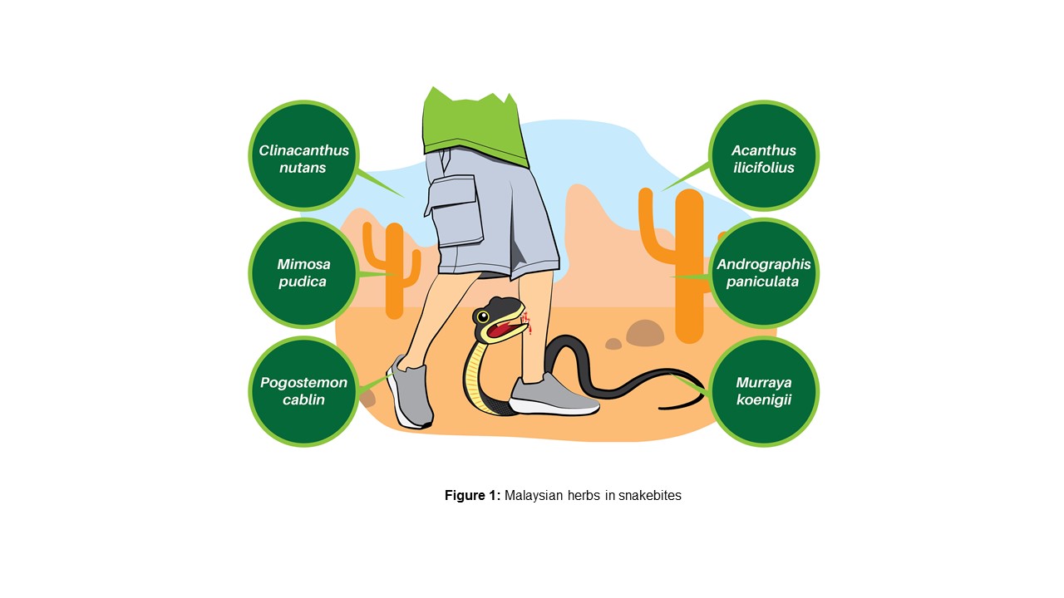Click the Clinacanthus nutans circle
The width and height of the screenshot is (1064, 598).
[x=303, y=155]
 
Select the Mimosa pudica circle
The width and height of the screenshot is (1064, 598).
[x=303, y=273]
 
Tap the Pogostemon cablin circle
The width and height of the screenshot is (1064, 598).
[x=303, y=391]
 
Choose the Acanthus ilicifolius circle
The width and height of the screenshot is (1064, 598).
[x=763, y=155]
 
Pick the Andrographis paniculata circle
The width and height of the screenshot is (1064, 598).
[x=763, y=273]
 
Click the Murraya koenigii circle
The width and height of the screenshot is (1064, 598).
[x=763, y=391]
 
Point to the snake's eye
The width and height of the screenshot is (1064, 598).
[x=482, y=316]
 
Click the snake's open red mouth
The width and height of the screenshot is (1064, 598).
[x=501, y=331]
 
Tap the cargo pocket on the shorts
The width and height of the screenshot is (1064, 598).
[x=456, y=211]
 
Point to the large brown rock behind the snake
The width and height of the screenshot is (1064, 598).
[x=645, y=333]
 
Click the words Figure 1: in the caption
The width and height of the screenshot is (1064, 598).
[x=472, y=496]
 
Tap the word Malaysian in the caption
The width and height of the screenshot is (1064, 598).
[x=534, y=496]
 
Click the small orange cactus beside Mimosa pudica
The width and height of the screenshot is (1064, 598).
[x=394, y=266]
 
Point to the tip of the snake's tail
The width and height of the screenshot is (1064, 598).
[x=662, y=408]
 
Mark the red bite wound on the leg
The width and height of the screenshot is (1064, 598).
[x=528, y=323]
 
